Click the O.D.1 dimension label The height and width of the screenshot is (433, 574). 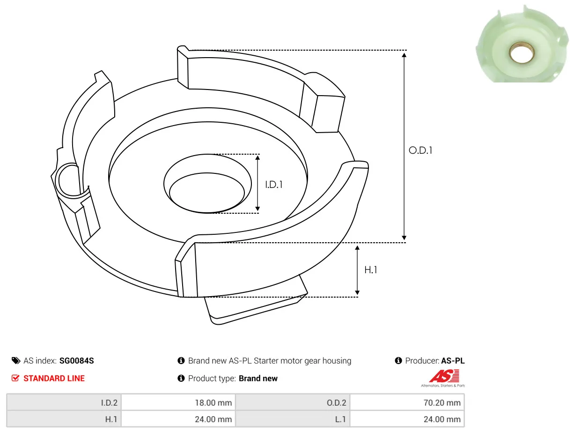pyautogui.click(x=420, y=150)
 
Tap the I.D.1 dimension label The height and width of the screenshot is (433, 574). pyautogui.click(x=274, y=185)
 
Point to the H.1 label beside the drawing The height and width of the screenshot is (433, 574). pyautogui.click(x=370, y=270)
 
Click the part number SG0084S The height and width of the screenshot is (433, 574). pyautogui.click(x=76, y=360)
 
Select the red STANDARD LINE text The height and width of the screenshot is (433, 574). pyautogui.click(x=54, y=378)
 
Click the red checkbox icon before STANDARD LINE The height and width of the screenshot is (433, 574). pyautogui.click(x=15, y=378)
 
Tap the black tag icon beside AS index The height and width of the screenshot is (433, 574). pyautogui.click(x=16, y=360)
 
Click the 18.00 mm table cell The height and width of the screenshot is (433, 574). pyautogui.click(x=178, y=403)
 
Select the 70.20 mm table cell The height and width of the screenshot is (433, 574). pyautogui.click(x=407, y=403)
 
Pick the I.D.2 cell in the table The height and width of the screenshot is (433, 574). pyautogui.click(x=64, y=403)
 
